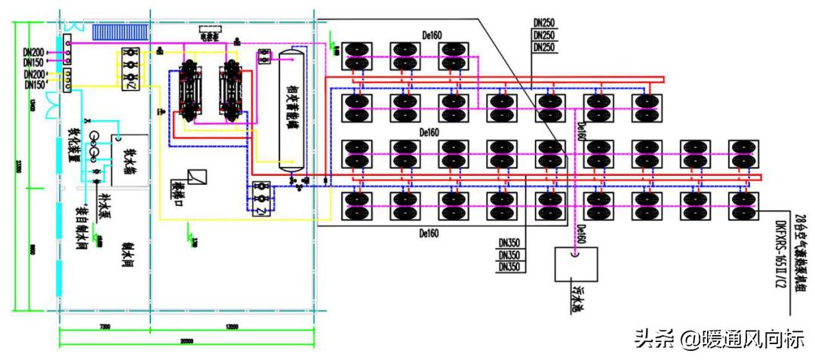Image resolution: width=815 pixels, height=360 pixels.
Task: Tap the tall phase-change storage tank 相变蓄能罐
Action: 290,109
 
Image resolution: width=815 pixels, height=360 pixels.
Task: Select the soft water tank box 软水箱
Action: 128,154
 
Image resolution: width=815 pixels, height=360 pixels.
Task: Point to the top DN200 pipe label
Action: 34,52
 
